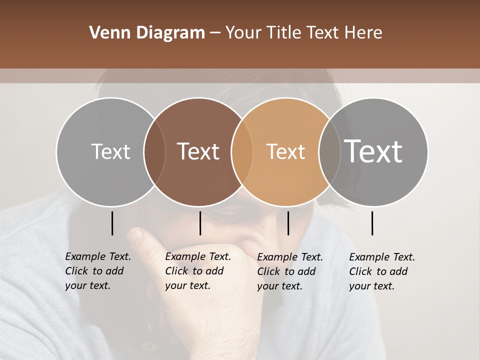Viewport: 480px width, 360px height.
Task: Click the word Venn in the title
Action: pos(106,33)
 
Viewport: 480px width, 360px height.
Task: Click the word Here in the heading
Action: pos(363,33)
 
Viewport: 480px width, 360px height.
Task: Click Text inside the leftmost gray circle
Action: pos(110,151)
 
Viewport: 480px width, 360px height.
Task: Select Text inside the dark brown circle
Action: pos(198,151)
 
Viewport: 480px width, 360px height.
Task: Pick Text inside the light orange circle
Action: pos(285,151)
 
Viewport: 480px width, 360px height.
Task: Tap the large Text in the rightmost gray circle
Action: pos(373,151)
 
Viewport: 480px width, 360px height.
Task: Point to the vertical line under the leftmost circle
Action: pos(112,223)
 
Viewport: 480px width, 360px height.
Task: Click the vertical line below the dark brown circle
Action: pos(200,223)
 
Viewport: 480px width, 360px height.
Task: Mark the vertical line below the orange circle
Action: pos(288,223)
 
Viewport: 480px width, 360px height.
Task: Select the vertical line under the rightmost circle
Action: pos(372,223)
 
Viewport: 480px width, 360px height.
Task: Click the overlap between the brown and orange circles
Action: pos(242,151)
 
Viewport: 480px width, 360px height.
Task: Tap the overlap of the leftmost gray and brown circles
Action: pos(154,151)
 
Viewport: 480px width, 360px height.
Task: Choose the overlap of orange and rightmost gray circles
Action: pos(329,151)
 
